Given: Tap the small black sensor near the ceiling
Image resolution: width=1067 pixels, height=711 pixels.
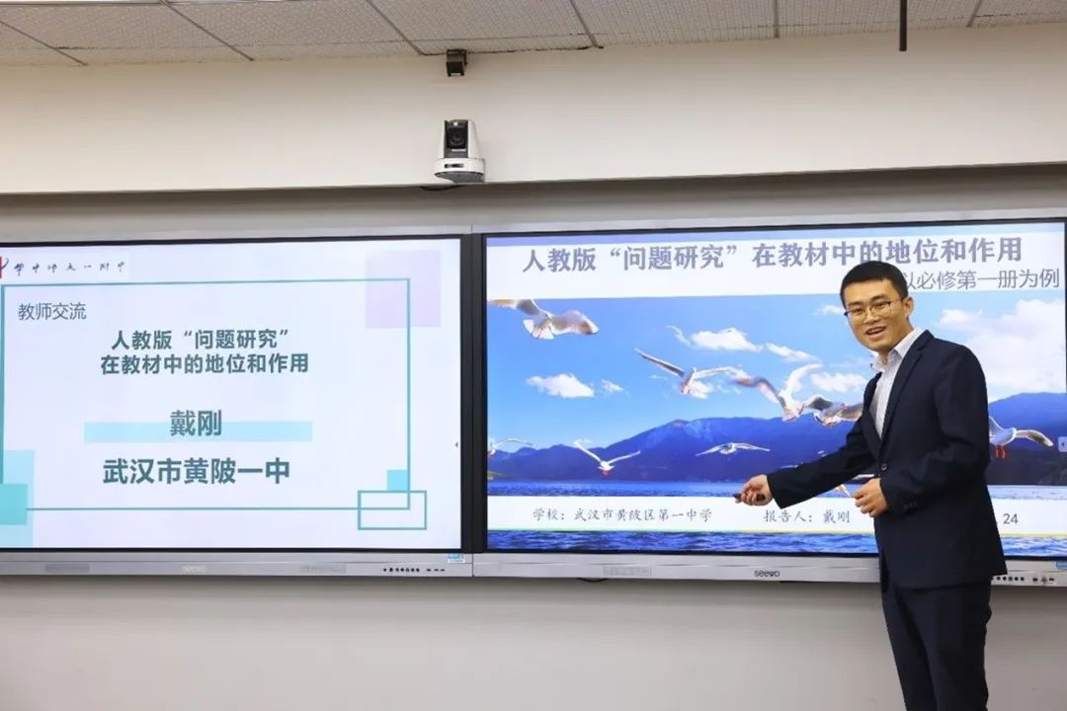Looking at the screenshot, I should pyautogui.click(x=455, y=62).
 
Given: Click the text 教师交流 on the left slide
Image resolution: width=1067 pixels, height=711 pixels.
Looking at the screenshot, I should pyautogui.click(x=52, y=312).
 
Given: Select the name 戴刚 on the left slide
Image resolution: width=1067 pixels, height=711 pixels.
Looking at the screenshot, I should pyautogui.click(x=196, y=425).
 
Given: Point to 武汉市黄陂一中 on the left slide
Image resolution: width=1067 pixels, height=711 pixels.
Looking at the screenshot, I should pyautogui.click(x=197, y=471).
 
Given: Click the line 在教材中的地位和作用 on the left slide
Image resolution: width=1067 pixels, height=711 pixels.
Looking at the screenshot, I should pyautogui.click(x=205, y=363).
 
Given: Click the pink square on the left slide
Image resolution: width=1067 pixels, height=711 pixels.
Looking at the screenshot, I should pyautogui.click(x=402, y=287).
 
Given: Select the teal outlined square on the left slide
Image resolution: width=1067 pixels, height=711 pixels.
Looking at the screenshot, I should pyautogui.click(x=391, y=510).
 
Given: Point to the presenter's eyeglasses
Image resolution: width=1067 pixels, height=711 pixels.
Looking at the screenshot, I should pyautogui.click(x=872, y=309).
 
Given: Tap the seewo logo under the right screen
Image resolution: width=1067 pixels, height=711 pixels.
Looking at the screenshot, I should pyautogui.click(x=768, y=573).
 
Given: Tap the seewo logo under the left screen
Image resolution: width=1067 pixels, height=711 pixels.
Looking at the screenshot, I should pyautogui.click(x=195, y=569).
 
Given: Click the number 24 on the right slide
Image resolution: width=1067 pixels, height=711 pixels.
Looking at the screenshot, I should pyautogui.click(x=1010, y=517).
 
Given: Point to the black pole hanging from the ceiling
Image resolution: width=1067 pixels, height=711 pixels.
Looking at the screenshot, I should pyautogui.click(x=903, y=25).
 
